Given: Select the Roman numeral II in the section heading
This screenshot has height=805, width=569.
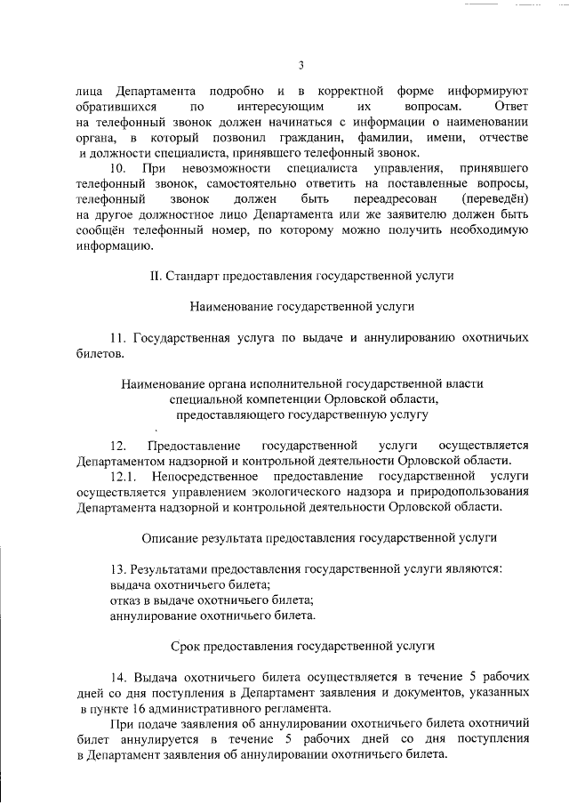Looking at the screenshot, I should pos(155,277).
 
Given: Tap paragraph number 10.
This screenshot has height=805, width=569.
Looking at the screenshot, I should pos(117,168).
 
